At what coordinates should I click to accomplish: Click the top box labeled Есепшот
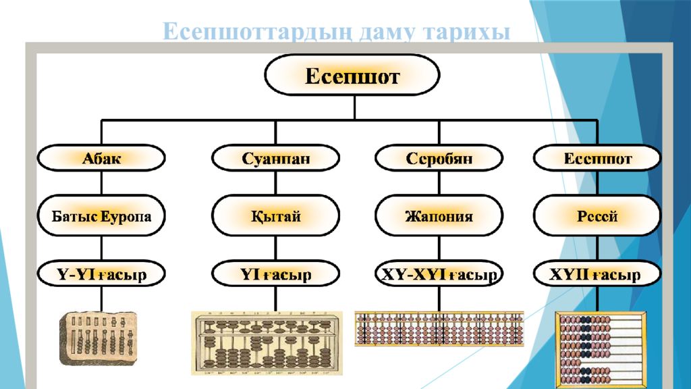[352, 75]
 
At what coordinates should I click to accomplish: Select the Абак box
[101, 159]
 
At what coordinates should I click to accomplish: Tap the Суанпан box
[275, 159]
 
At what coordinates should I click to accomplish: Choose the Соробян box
[439, 159]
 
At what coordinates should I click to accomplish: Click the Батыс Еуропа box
[101, 216]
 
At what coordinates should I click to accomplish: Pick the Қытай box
[275, 216]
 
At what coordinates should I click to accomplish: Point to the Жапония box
[439, 216]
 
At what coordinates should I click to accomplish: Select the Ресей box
[597, 216]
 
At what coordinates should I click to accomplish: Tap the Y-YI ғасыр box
[101, 274]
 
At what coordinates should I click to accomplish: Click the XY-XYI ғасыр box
[439, 274]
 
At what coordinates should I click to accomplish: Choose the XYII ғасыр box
[597, 274]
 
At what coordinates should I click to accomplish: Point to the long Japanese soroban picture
[439, 328]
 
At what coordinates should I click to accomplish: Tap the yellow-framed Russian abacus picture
[601, 348]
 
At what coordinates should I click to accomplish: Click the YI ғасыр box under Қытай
[275, 274]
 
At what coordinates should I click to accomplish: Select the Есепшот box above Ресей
[597, 159]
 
